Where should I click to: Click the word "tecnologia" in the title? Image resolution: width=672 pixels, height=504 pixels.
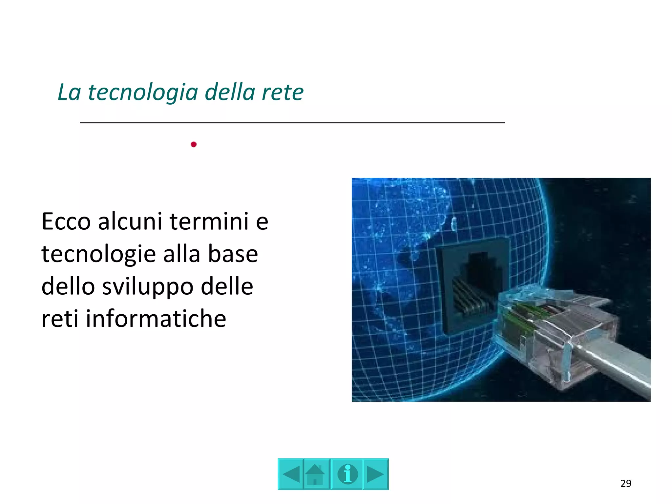143,92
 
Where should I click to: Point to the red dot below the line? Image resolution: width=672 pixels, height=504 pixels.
194,144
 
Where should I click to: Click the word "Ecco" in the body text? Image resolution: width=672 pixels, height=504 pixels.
66,221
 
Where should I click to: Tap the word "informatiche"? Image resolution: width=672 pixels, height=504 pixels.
156,319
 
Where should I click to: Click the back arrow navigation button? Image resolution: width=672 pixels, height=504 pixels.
291,474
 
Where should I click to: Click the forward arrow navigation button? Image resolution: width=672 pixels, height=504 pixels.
375,474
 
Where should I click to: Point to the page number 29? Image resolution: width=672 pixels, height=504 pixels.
626,483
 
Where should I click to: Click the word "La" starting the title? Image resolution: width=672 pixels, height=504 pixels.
69,92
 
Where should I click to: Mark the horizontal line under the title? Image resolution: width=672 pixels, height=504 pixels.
292,123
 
